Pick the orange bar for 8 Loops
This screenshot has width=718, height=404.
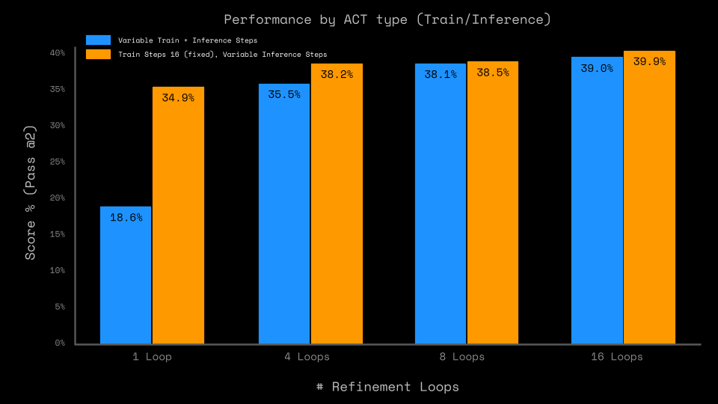pos(493,203)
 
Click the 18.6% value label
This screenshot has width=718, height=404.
pos(126,218)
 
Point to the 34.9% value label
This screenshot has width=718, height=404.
pos(178,98)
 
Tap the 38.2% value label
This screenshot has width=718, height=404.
pos(337,75)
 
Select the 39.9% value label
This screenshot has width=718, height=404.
pos(649,62)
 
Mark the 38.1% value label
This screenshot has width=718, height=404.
pos(441,75)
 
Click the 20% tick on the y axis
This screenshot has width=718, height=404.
pos(58,198)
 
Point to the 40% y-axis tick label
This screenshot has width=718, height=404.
pos(58,53)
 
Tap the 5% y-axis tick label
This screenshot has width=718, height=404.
pos(60,307)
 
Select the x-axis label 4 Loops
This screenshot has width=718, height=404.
pos(307,357)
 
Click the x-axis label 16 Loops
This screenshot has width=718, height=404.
pos(616,357)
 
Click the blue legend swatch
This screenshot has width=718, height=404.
pos(98,40)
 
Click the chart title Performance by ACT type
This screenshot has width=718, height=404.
pos(387,19)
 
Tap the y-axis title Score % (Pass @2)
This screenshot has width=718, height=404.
pos(31,193)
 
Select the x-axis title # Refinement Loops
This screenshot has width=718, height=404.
pos(387,387)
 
